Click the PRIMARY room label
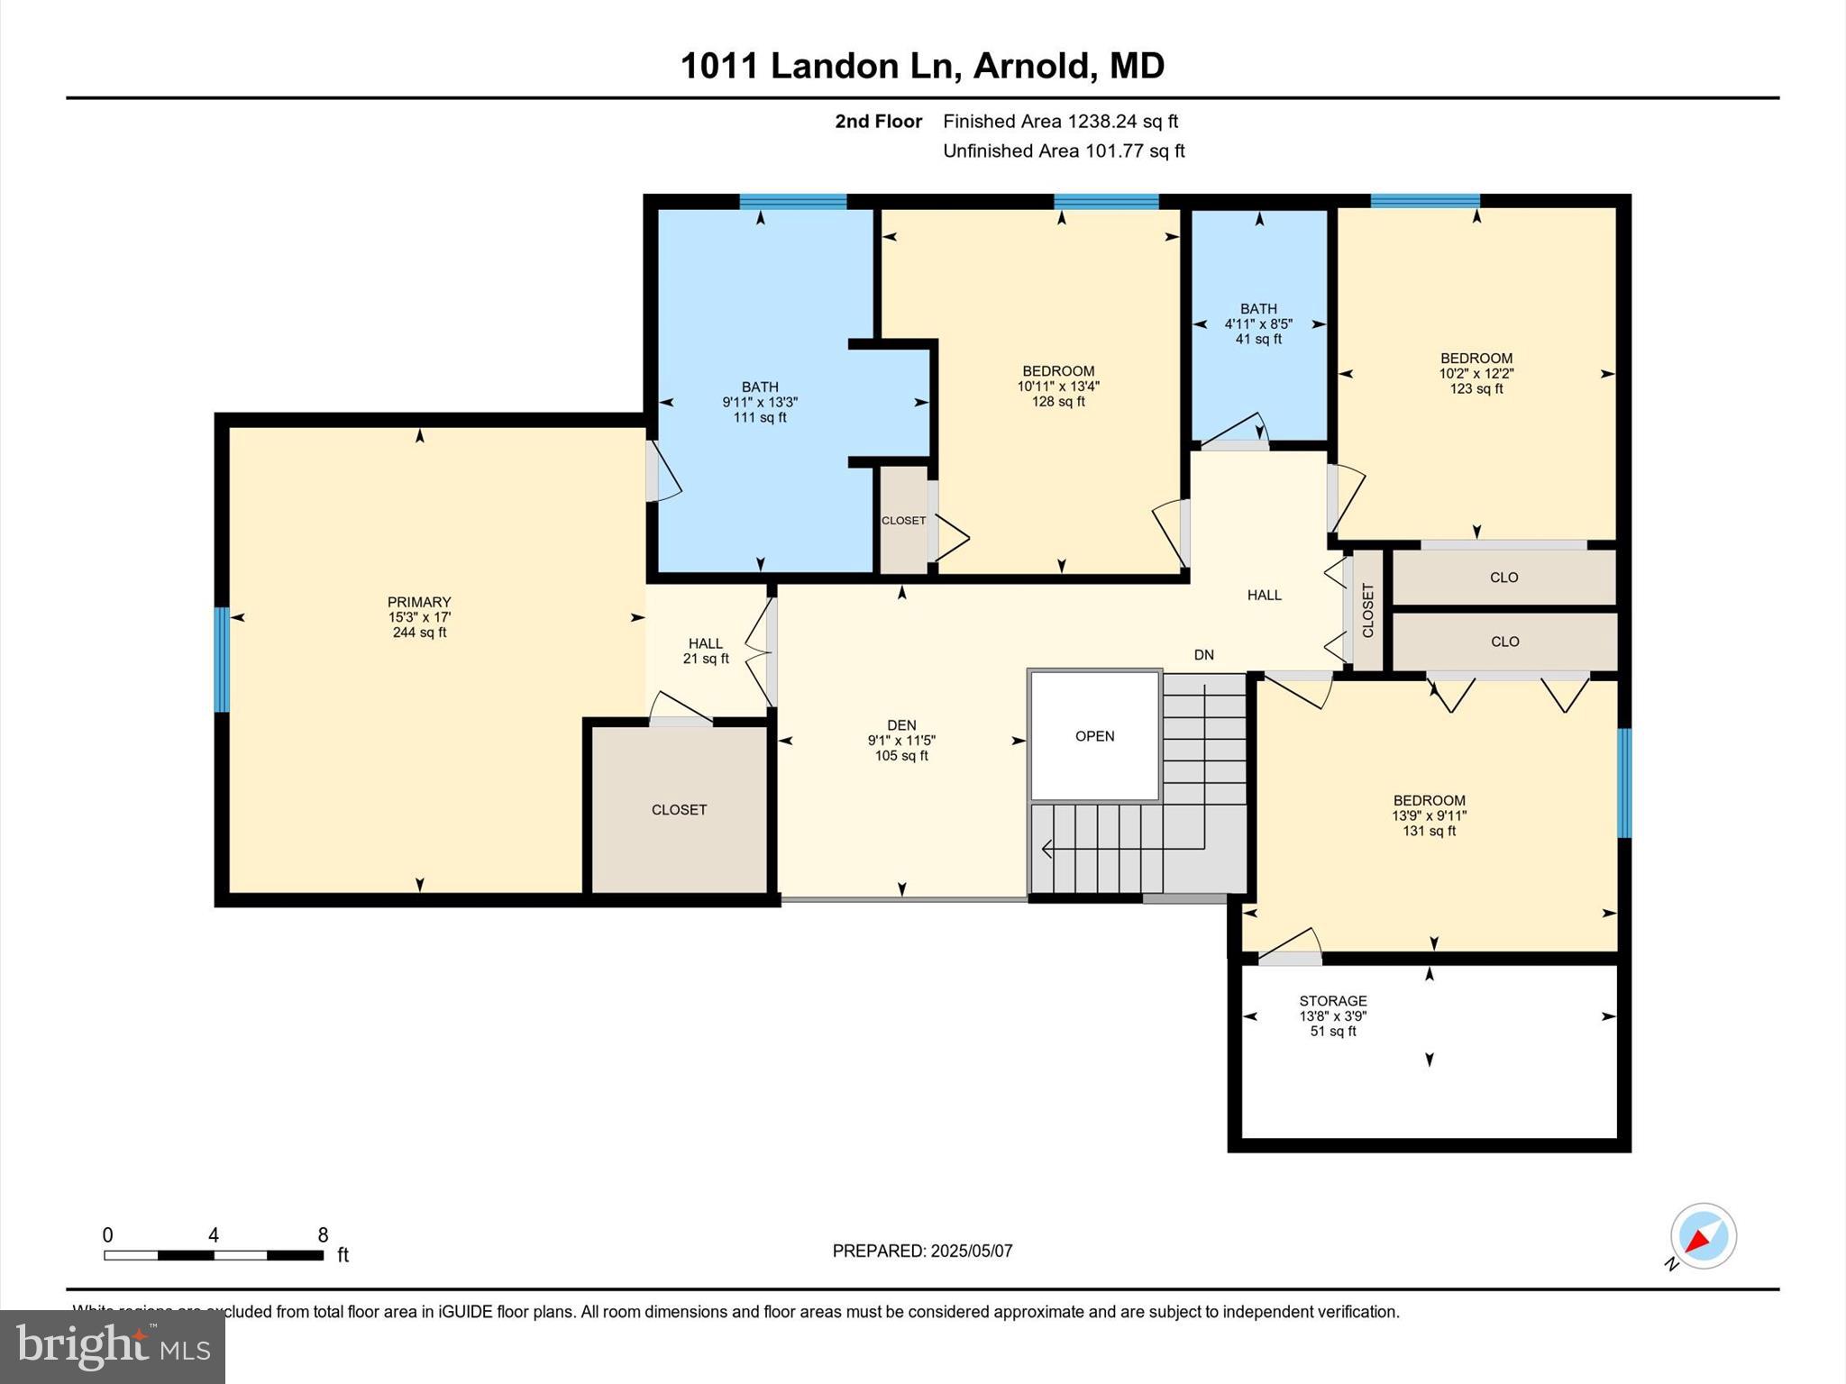click(419, 602)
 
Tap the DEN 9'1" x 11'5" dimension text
click(901, 741)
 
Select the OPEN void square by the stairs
click(1094, 736)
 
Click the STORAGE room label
click(1332, 1001)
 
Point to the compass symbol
click(1702, 1237)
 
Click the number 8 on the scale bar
click(323, 1235)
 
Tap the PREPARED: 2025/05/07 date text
click(922, 1251)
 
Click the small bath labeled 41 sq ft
click(1258, 324)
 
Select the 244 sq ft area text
click(419, 633)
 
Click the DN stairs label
click(1203, 655)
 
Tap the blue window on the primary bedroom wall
click(221, 660)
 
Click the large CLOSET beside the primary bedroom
click(679, 810)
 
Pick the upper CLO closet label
click(1503, 578)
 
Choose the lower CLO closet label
click(1504, 642)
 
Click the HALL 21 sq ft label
click(706, 651)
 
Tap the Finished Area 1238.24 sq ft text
click(1060, 122)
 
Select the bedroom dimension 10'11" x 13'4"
click(1058, 387)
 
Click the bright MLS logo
click(113, 1346)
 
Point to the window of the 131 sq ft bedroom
click(1624, 783)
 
